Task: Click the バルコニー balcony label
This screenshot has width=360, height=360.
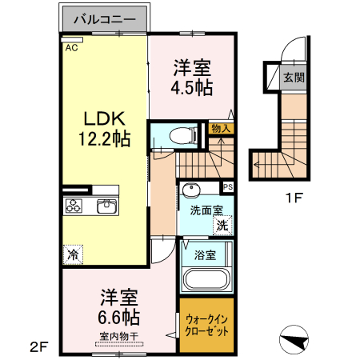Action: tap(104, 18)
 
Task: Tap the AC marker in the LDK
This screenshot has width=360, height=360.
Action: tap(71, 48)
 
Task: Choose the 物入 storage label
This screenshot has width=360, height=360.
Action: tap(221, 128)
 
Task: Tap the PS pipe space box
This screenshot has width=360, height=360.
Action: tap(228, 188)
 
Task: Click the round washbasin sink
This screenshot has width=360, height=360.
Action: tap(191, 190)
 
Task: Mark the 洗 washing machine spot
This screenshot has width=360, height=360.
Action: tap(222, 226)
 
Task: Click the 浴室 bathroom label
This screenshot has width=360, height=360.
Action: tap(206, 256)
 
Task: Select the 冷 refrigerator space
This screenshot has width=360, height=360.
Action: tap(73, 255)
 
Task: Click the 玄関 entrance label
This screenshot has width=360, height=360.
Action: tap(293, 78)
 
